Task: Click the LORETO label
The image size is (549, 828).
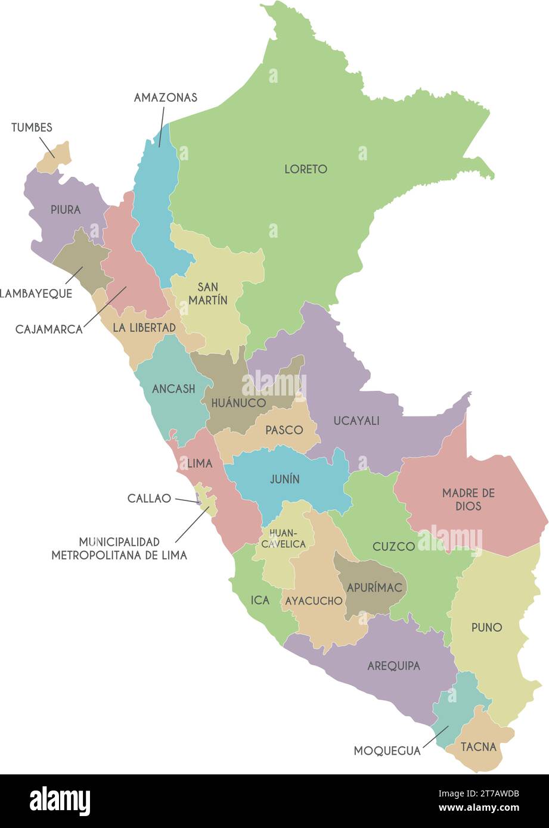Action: pyautogui.click(x=305, y=169)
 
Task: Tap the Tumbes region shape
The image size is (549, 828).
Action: pyautogui.click(x=55, y=157)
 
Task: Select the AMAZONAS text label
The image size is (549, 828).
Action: pyautogui.click(x=165, y=98)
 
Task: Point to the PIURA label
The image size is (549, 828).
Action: pyautogui.click(x=66, y=210)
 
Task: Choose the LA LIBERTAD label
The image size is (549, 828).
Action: pyautogui.click(x=144, y=328)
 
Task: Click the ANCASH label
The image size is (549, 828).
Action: pyautogui.click(x=173, y=389)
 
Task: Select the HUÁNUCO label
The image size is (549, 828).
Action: pyautogui.click(x=238, y=403)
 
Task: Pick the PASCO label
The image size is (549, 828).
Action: pyautogui.click(x=284, y=430)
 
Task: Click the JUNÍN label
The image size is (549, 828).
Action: pyautogui.click(x=284, y=479)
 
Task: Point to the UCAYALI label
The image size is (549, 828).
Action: pyautogui.click(x=356, y=421)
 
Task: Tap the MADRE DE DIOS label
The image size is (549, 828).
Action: pyautogui.click(x=469, y=500)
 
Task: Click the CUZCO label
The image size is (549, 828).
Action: pyautogui.click(x=393, y=546)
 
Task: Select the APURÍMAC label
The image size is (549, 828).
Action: pyautogui.click(x=376, y=587)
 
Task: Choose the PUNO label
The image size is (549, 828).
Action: pyautogui.click(x=486, y=627)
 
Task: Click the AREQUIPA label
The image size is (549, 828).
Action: pyautogui.click(x=393, y=666)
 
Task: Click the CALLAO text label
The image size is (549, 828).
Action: pyautogui.click(x=149, y=499)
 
